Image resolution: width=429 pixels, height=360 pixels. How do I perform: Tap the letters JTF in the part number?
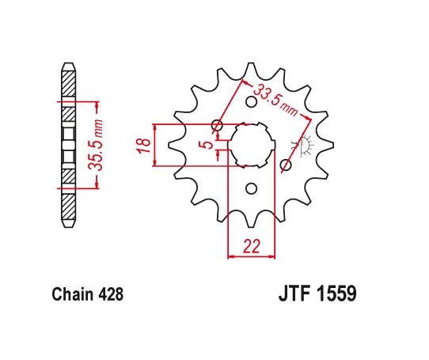tap(294, 294)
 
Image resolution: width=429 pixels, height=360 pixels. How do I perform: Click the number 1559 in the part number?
tap(336, 294)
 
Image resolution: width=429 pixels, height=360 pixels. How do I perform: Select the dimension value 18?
tap(143, 145)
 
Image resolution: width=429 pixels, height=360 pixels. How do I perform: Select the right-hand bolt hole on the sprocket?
tap(287, 165)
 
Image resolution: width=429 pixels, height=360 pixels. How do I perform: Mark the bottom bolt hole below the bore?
tap(252, 188)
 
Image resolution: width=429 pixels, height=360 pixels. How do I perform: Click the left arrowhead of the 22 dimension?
tap(231, 256)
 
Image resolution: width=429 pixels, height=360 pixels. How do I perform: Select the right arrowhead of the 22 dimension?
tap(272, 256)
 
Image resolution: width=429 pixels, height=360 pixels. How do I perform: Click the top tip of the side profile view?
tap(69, 64)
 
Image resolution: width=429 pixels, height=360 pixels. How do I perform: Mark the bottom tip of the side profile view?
tap(69, 228)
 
